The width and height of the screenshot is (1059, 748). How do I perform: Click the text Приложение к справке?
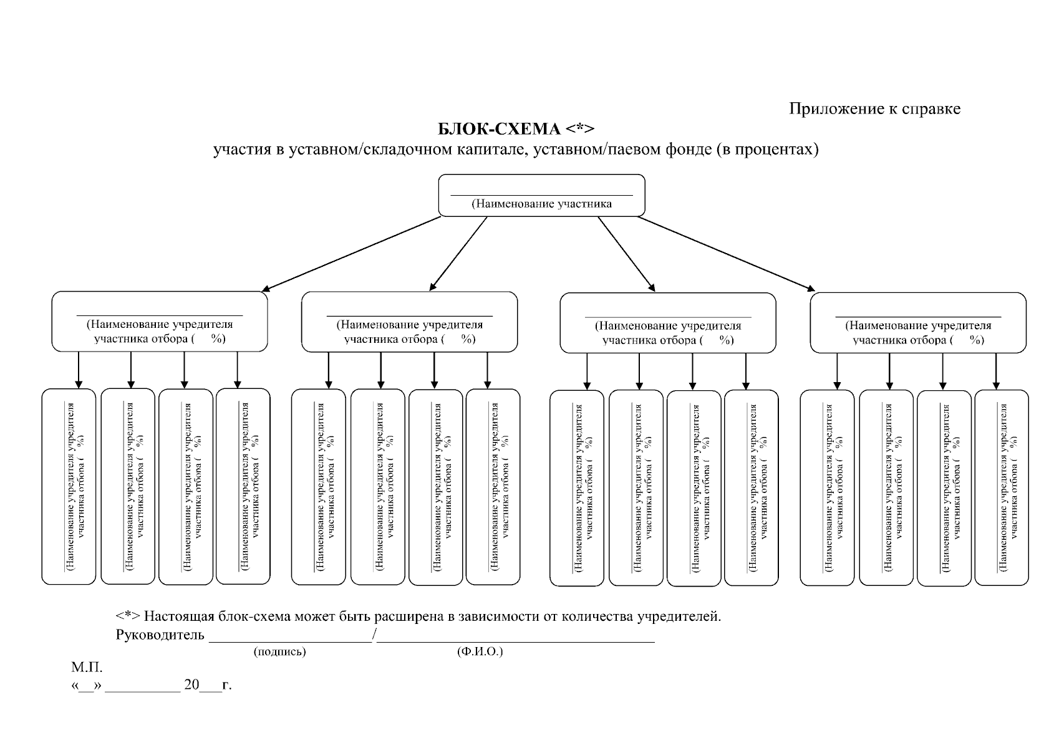874,109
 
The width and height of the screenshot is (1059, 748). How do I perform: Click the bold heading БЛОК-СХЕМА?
500,129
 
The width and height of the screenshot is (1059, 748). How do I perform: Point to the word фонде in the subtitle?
682,150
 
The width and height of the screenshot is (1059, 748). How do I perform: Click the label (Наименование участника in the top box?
541,204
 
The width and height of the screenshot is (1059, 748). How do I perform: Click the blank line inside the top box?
541,194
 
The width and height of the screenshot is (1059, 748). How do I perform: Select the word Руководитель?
160,635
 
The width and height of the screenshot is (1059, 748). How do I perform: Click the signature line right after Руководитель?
290,641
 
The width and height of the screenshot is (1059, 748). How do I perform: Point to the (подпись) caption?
279,652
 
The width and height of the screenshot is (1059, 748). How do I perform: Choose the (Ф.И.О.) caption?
480,652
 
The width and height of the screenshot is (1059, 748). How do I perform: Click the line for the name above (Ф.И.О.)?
516,641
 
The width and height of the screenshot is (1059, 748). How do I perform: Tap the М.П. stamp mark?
87,668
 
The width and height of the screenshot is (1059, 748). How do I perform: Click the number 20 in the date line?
191,685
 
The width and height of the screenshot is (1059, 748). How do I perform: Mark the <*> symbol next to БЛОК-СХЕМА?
580,129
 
